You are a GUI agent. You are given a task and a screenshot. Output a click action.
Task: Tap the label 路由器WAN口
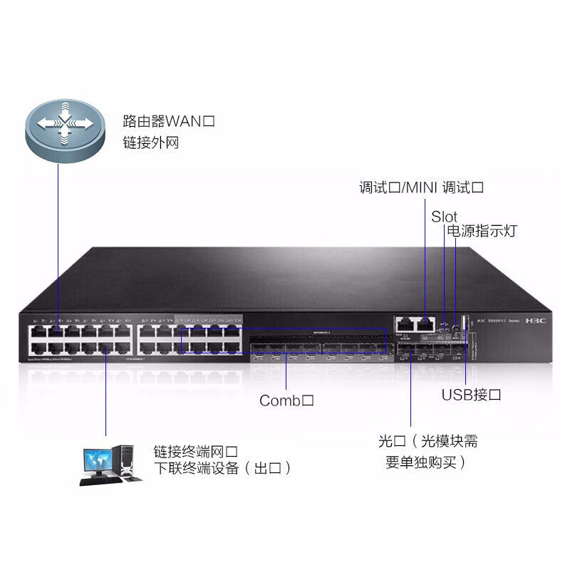(169, 121)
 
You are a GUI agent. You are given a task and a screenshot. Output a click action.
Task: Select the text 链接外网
(150, 143)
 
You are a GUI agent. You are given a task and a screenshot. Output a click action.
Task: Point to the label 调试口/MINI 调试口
(422, 188)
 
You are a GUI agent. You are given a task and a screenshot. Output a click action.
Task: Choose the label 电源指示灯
(482, 231)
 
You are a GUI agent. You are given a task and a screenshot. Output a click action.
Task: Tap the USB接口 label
(472, 394)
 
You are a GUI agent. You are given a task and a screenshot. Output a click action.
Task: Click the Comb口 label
(286, 400)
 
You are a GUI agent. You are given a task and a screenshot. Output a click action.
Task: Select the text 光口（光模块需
(428, 441)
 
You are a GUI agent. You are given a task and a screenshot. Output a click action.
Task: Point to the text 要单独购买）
(426, 462)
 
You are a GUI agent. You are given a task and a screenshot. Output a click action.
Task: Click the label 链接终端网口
(195, 451)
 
